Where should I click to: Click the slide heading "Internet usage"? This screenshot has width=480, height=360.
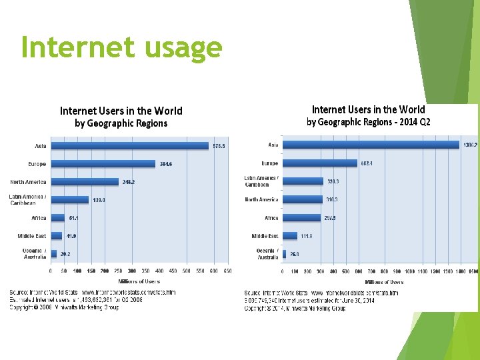pos(121,47)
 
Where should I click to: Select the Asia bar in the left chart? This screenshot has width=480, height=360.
pos(130,146)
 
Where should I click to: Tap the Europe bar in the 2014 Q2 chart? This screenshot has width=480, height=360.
pos(320,163)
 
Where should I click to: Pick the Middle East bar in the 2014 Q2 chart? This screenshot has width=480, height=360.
pos(289,235)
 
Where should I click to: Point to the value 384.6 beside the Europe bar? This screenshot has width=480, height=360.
pos(166,164)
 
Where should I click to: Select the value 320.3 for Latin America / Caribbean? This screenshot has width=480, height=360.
pos(333,181)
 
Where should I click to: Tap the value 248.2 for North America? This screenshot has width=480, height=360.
pos(128,182)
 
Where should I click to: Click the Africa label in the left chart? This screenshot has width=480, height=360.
pos(39,218)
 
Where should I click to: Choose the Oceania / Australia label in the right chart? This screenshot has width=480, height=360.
pos(267,254)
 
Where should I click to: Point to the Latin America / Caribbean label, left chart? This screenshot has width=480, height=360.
pos(27,200)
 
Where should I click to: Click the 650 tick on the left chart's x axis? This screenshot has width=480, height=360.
pos(228,271)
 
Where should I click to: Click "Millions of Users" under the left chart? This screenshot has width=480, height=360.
pos(139,281)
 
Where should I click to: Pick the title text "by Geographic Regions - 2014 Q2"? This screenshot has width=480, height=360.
pos(368,122)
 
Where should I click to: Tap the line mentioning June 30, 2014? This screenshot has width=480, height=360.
pos(319,300)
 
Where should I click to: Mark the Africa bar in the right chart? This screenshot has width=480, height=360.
pos(301,217)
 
